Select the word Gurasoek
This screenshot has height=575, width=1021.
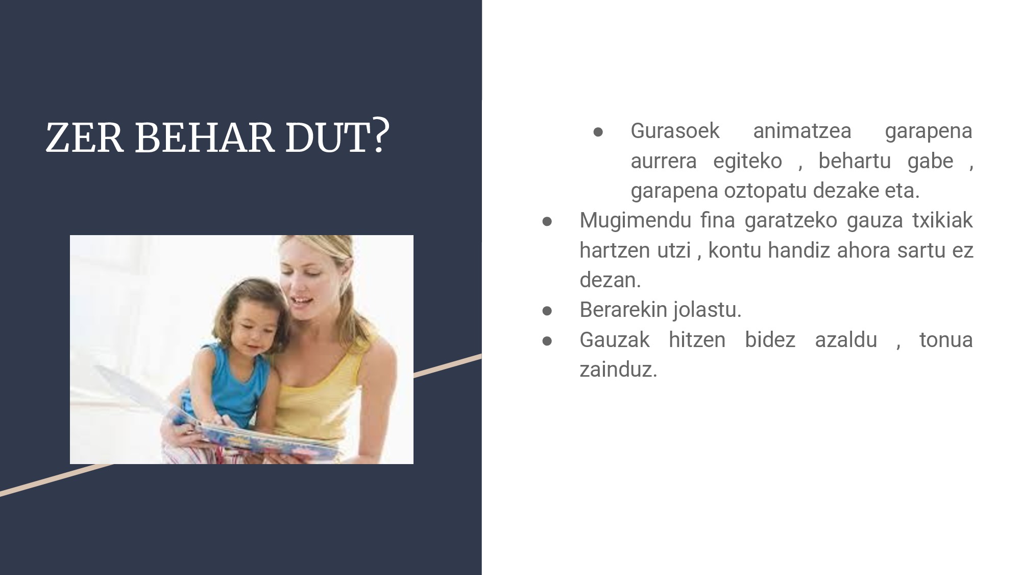(675, 131)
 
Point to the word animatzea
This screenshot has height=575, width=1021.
(802, 131)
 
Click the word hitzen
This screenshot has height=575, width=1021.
(697, 340)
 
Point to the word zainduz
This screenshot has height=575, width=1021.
(618, 370)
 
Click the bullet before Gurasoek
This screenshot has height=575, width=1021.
(598, 132)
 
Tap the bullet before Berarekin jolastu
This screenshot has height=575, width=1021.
(547, 311)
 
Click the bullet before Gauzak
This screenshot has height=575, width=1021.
(547, 340)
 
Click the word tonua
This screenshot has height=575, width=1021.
(946, 340)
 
